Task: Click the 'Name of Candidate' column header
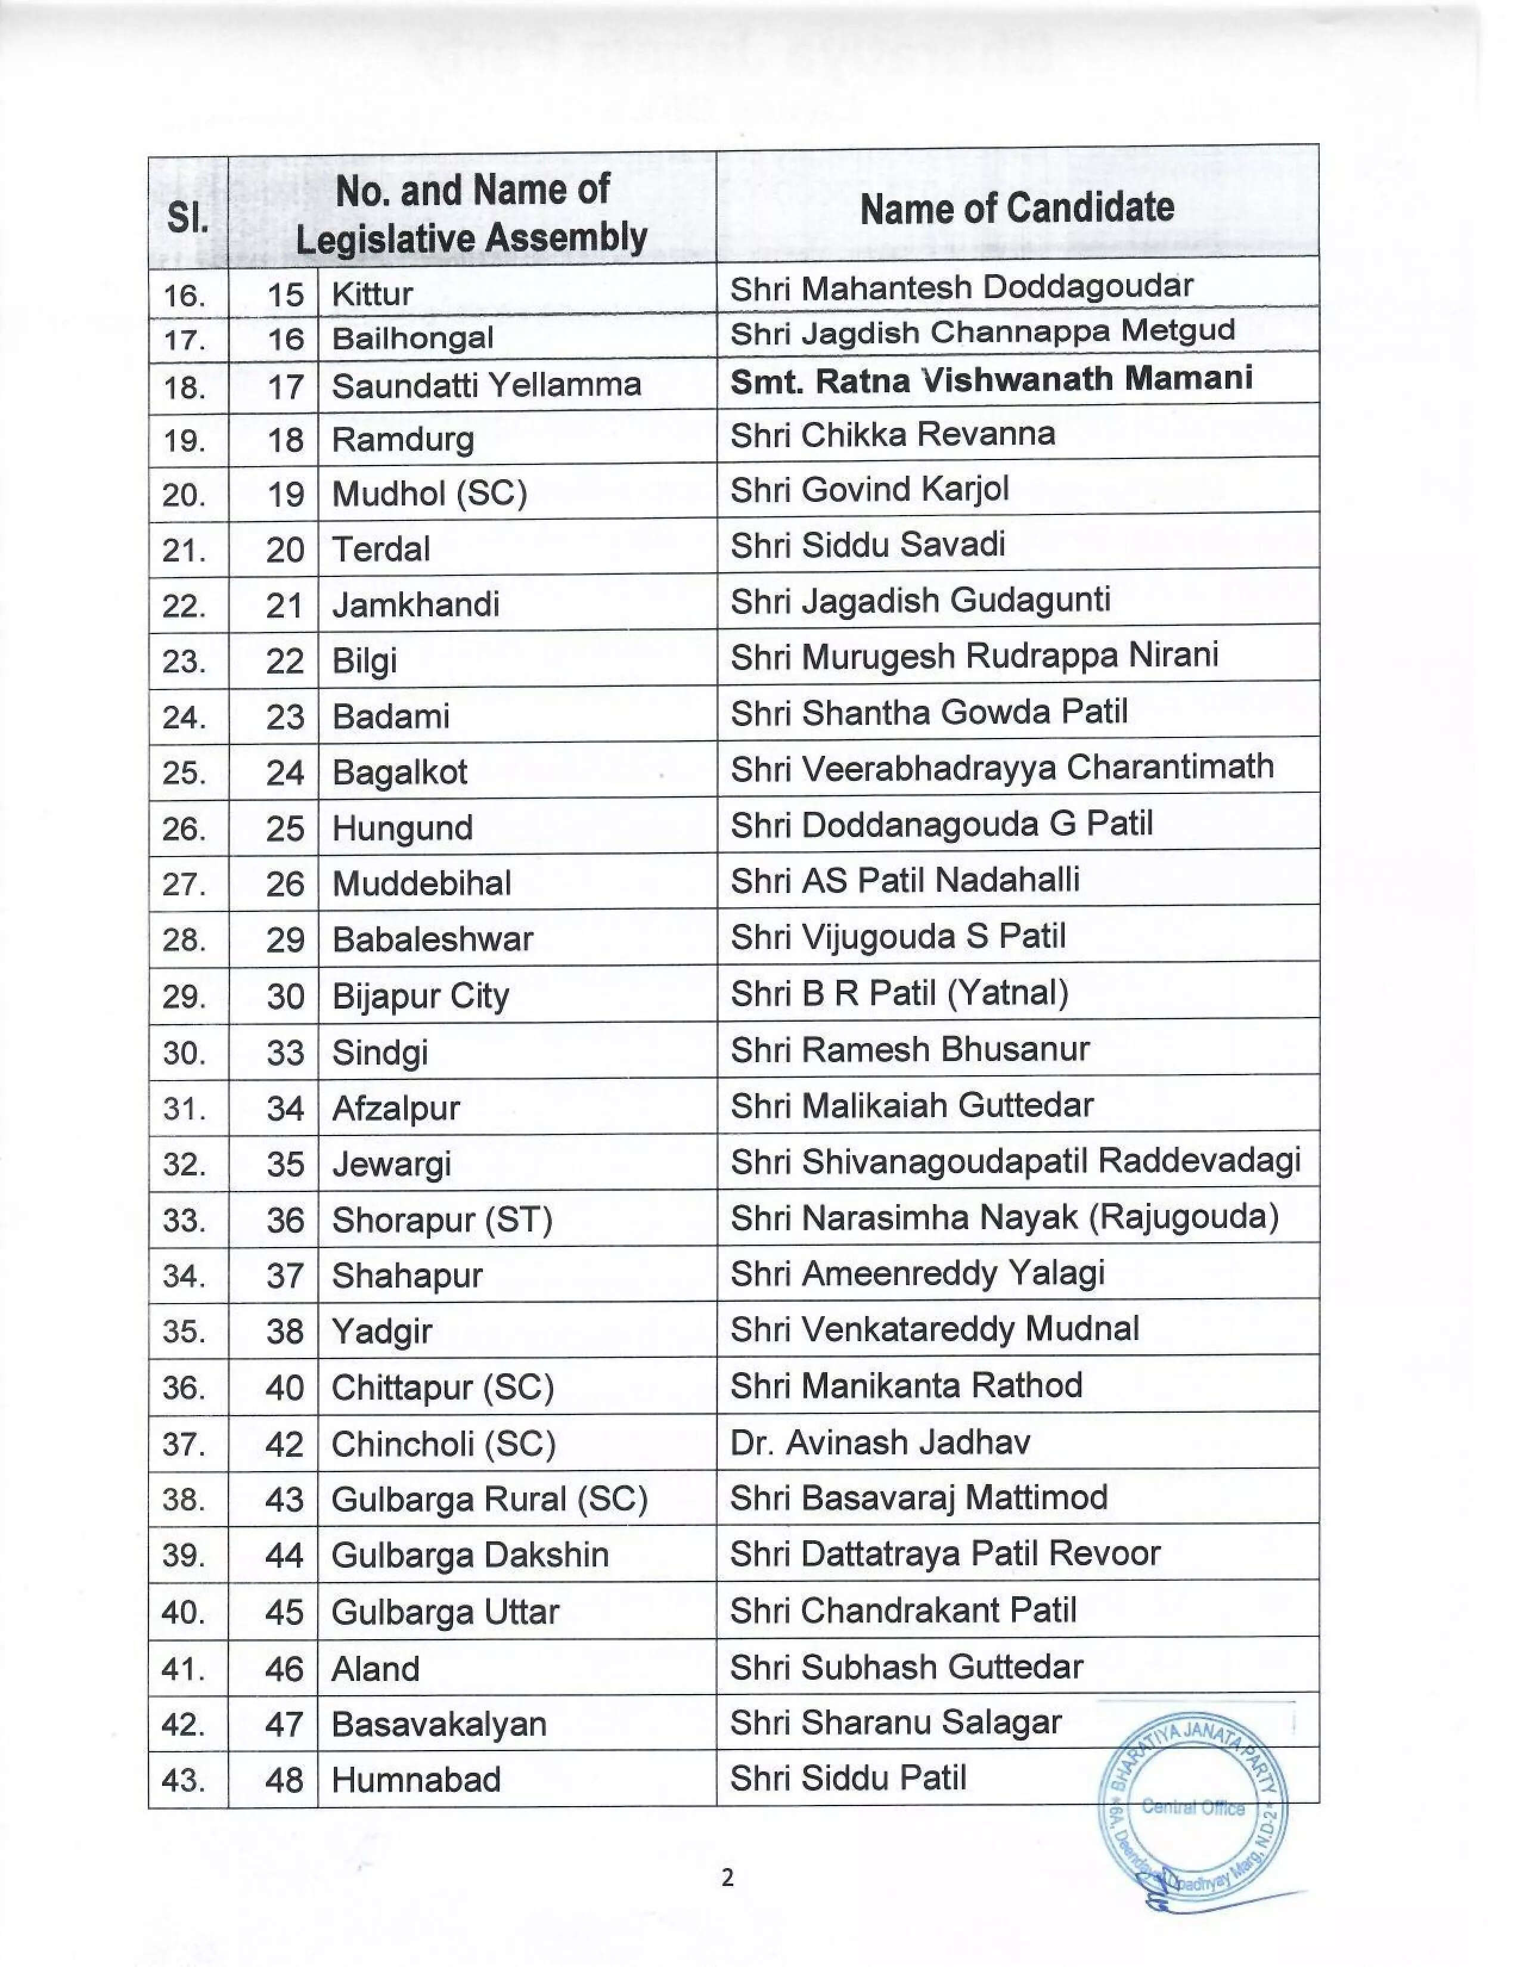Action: (x=1017, y=208)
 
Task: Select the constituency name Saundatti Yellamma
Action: (x=486, y=386)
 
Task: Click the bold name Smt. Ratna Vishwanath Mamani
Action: (x=991, y=379)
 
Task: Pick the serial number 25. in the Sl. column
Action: (x=185, y=772)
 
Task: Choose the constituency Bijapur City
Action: (x=420, y=996)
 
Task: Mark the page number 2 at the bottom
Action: (x=728, y=1878)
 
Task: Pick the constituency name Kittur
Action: (x=372, y=294)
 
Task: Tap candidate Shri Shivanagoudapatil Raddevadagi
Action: (x=1016, y=1161)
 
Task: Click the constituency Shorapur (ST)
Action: (x=441, y=1220)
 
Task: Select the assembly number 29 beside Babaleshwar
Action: (x=284, y=940)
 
